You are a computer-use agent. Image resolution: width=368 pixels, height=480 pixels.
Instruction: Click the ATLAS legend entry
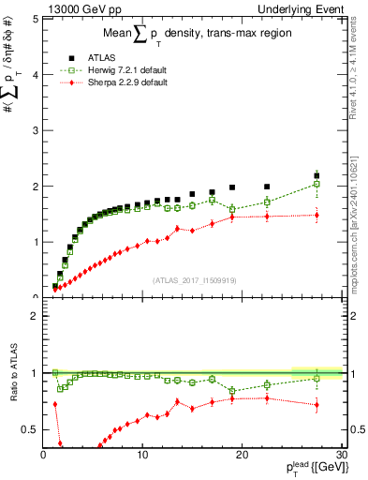pyautogui.click(x=100, y=57)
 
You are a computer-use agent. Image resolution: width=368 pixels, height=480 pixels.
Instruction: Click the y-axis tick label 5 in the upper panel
pyautogui.click(x=33, y=19)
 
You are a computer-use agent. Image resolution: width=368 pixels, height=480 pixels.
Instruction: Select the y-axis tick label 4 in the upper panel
pyautogui.click(x=33, y=74)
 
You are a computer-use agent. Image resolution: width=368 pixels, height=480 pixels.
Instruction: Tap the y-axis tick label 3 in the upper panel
pyautogui.click(x=33, y=130)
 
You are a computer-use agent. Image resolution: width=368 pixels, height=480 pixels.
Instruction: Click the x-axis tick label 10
pyautogui.click(x=142, y=455)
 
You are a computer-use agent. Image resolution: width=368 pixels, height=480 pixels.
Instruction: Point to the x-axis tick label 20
pyautogui.click(x=242, y=455)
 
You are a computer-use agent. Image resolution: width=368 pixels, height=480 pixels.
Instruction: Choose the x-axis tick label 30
pyautogui.click(x=341, y=455)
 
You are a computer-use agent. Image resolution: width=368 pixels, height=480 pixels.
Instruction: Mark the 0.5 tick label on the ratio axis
pyautogui.click(x=29, y=428)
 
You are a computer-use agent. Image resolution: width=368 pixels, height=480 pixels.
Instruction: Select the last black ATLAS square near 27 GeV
pyautogui.click(x=316, y=175)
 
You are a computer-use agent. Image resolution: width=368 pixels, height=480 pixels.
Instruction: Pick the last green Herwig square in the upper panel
pyautogui.click(x=316, y=184)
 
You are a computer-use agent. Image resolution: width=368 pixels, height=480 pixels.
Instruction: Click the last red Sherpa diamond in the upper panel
pyautogui.click(x=316, y=216)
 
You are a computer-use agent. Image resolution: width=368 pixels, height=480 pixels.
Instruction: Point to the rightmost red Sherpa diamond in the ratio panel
pyautogui.click(x=316, y=405)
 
